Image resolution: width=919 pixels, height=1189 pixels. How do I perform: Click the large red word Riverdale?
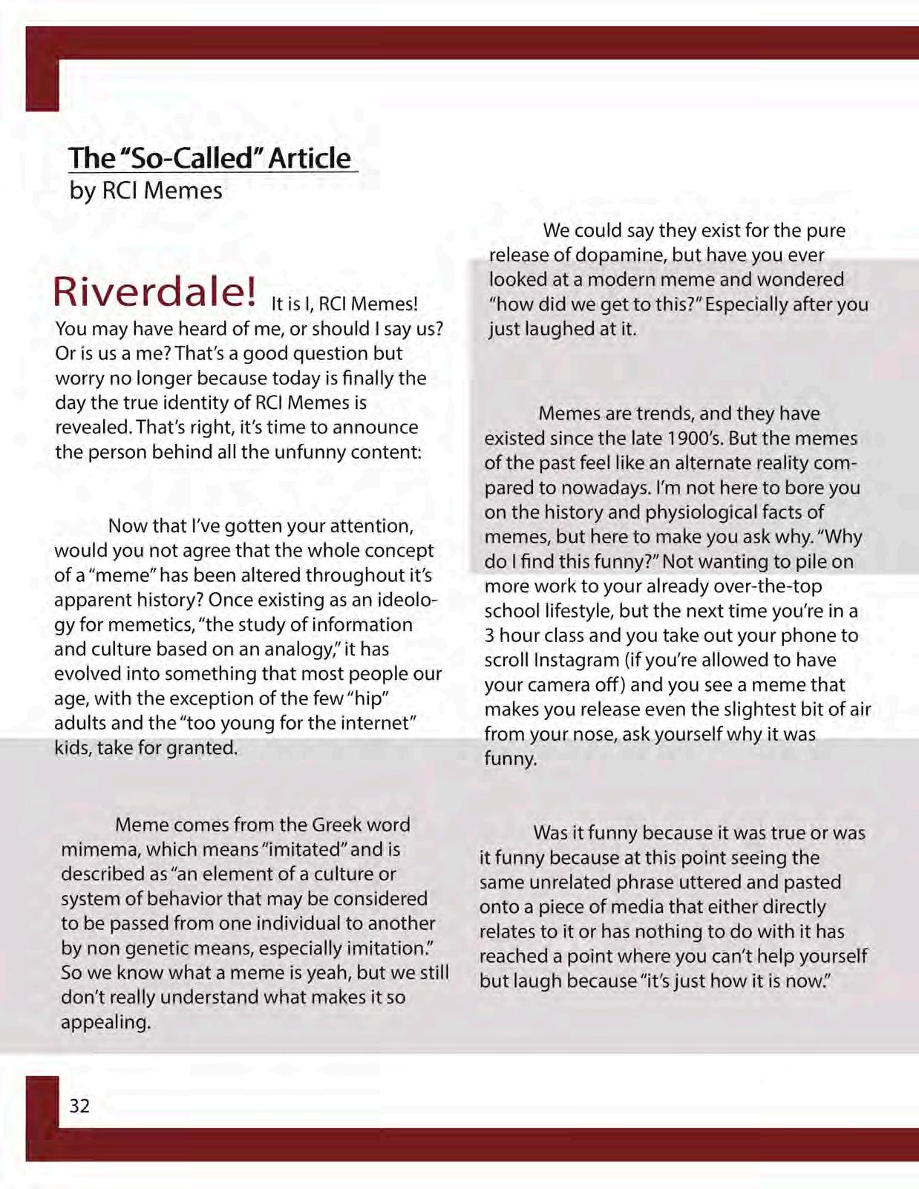(154, 292)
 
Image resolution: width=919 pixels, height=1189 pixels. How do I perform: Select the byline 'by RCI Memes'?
(145, 191)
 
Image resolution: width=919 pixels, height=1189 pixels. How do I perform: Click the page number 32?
(79, 1106)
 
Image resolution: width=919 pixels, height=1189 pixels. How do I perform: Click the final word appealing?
(105, 1022)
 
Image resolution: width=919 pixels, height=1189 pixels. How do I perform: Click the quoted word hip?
(368, 698)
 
